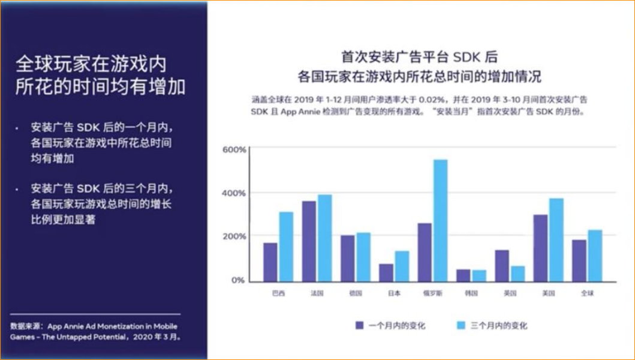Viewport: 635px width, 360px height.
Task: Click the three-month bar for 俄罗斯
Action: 441,220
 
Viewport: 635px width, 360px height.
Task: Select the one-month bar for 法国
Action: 309,241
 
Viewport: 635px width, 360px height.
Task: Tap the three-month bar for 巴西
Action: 286,247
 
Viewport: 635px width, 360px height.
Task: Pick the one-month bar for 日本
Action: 386,272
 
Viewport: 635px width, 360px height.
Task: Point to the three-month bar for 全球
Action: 595,256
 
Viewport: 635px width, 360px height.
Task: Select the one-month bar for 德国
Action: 348,258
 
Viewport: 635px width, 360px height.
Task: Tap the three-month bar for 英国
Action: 517,274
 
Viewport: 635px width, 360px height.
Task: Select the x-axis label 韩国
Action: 471,293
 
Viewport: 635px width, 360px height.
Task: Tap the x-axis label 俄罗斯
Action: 432,293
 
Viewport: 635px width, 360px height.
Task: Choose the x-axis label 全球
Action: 587,293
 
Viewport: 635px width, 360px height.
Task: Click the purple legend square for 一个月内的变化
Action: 359,325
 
